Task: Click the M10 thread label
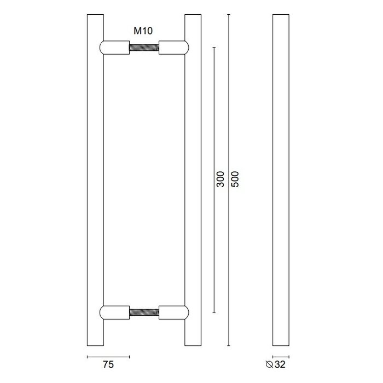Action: [x=143, y=31]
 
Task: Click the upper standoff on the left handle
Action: [x=114, y=48]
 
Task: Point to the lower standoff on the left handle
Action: [x=114, y=314]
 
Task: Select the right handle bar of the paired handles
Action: [x=193, y=181]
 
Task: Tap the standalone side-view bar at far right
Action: [x=280, y=181]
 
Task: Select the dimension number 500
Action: [x=236, y=181]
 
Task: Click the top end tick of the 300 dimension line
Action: [x=213, y=48]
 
